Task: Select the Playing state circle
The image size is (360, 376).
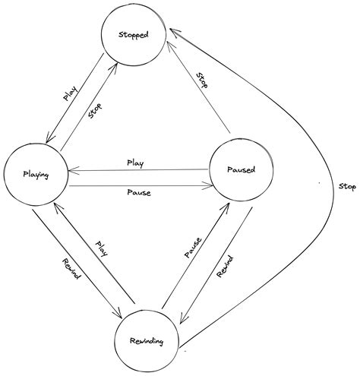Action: [36, 175]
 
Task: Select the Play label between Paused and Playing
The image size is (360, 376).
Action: [135, 163]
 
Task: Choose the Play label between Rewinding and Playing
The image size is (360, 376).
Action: [102, 249]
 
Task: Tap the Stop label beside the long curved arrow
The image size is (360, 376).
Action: [346, 185]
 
